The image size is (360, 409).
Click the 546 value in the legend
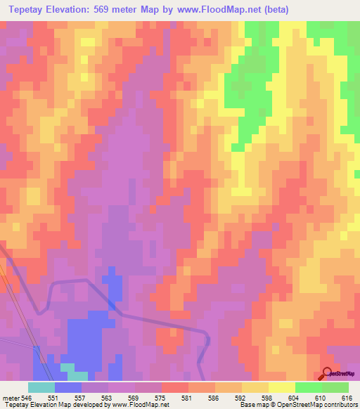pos(27,397)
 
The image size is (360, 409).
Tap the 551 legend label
pos(54,397)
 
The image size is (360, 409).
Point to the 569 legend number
pos(135,397)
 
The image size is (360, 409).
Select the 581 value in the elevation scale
pos(188,397)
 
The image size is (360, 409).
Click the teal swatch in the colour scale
pos(41,387)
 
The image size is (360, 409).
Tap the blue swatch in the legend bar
pos(67,387)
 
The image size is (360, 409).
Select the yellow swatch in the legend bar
pos(281,387)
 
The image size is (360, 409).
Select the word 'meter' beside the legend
pos(11,397)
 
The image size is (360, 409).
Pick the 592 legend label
pos(240,397)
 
